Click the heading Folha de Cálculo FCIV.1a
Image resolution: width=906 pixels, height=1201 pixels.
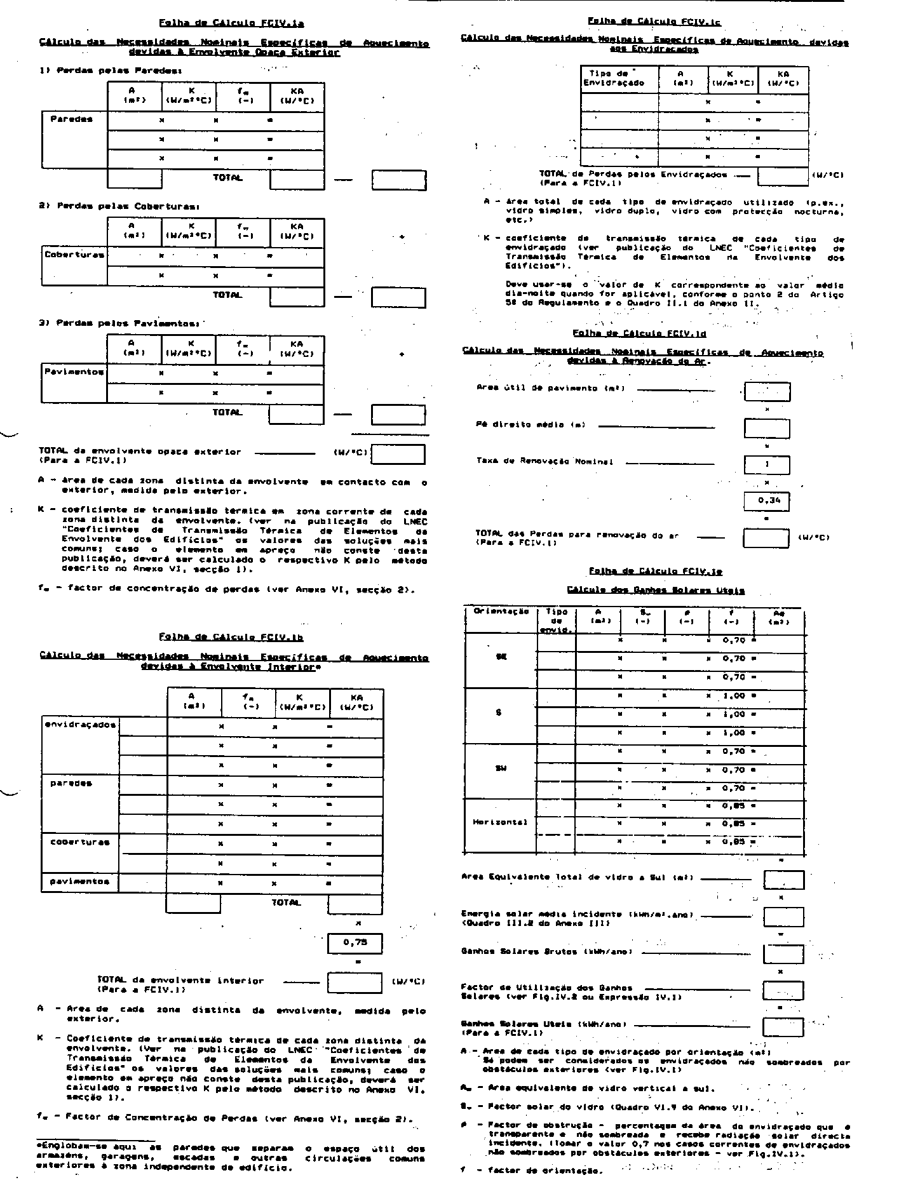(x=231, y=23)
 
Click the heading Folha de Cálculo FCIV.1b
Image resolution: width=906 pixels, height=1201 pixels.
(x=231, y=636)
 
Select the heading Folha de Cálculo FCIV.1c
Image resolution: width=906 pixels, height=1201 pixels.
(x=654, y=21)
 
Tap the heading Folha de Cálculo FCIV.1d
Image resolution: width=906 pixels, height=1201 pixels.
(x=639, y=333)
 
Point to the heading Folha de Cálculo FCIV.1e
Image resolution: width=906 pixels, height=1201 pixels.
(x=655, y=570)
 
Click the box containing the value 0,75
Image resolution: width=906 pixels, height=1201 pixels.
(x=355, y=943)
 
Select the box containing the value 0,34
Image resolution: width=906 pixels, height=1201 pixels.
(x=767, y=501)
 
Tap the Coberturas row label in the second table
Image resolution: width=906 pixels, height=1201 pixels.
(x=74, y=255)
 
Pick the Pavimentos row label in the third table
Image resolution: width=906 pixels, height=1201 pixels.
(x=74, y=372)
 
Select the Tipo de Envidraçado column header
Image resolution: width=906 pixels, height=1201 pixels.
(x=619, y=78)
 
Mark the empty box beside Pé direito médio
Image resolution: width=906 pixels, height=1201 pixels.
(x=767, y=428)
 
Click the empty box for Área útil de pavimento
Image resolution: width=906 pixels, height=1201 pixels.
(x=767, y=391)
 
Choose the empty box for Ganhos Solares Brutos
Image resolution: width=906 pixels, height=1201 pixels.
(x=783, y=953)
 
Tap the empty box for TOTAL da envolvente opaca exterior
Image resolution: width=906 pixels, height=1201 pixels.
(x=398, y=454)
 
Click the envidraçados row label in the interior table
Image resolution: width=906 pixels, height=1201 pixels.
(x=81, y=725)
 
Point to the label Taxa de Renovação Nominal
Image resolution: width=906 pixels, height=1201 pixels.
(x=544, y=462)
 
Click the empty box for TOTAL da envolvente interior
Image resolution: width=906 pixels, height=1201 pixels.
(x=355, y=983)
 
